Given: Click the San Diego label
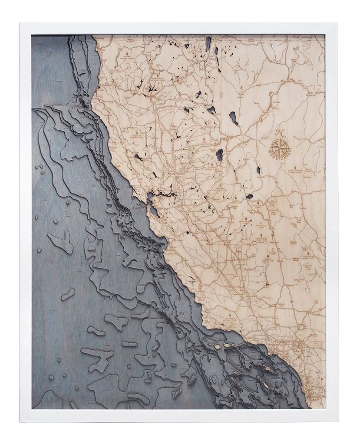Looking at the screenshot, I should pyautogui.click(x=312, y=387).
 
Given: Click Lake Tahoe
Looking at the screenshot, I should pyautogui.click(x=219, y=154).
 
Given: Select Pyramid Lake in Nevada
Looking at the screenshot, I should pyautogui.click(x=234, y=118).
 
